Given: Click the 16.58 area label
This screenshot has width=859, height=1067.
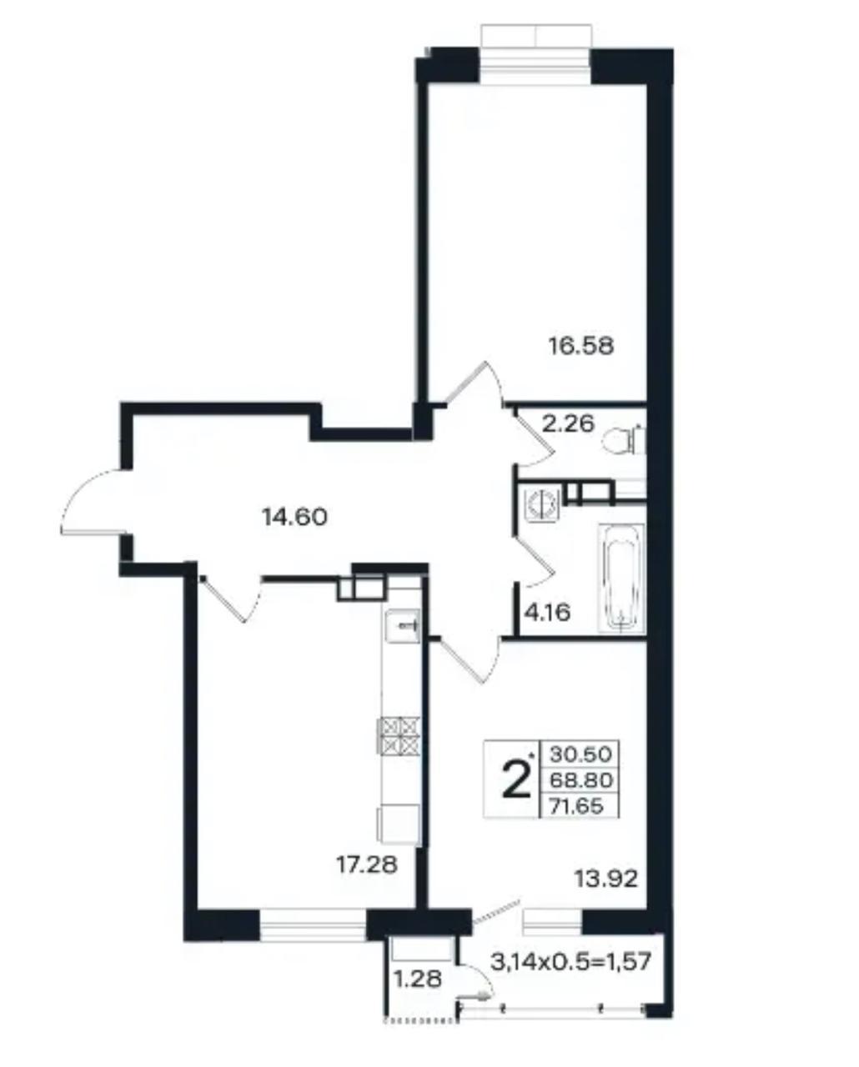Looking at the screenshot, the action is click(581, 346).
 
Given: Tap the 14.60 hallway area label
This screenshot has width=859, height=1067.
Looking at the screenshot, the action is click(294, 518).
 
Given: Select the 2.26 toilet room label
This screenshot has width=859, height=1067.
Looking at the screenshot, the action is click(568, 424).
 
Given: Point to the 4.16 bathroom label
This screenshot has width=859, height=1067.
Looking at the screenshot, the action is click(547, 613).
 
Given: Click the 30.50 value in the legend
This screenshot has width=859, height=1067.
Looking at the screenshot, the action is click(581, 754).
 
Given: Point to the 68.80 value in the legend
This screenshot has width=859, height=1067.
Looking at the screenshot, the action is click(581, 780).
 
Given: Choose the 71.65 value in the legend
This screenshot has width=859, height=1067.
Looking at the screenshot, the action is click(576, 806).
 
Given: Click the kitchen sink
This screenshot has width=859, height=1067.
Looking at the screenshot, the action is click(403, 626).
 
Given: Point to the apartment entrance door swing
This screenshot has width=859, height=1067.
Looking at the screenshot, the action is click(91, 501).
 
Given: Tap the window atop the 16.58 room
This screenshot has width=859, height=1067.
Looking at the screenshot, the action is click(536, 59).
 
